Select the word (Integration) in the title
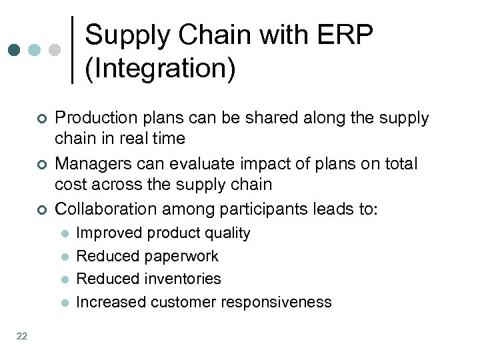[x=160, y=69]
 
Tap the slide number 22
[x=22, y=337]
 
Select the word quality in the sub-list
[x=228, y=233]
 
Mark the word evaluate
[x=200, y=164]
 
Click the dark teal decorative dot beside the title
[x=14, y=50]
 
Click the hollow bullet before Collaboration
[x=41, y=211]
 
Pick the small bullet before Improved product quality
[x=64, y=234]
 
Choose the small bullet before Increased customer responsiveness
[x=64, y=303]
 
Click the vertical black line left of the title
[x=72, y=50]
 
